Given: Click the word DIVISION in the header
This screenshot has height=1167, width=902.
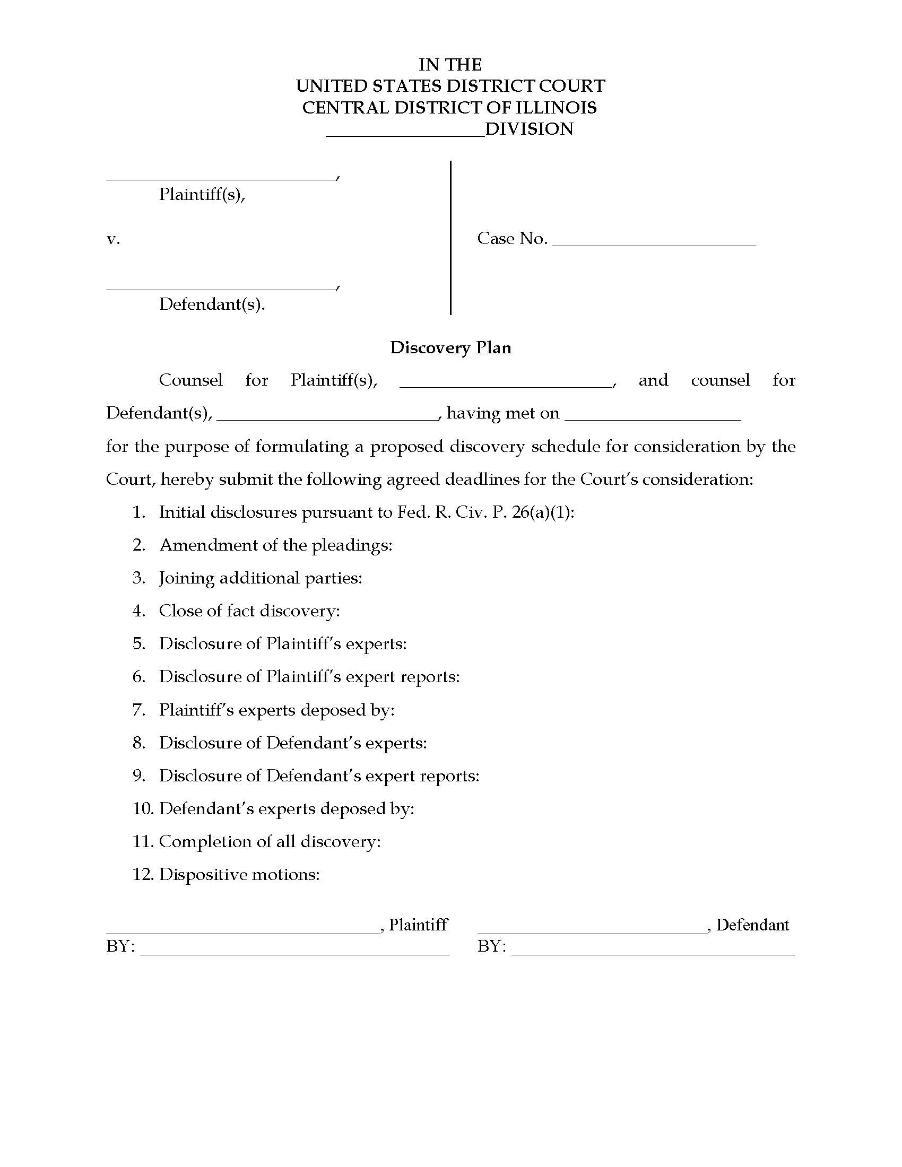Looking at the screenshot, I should tap(529, 129).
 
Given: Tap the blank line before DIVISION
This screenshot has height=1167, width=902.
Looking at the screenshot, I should tap(405, 135).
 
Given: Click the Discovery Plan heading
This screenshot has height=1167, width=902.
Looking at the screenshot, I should tap(450, 348).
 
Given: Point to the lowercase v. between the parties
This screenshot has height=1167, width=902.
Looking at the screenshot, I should tap(112, 239).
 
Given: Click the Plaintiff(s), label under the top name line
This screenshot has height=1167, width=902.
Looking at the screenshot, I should tap(202, 195).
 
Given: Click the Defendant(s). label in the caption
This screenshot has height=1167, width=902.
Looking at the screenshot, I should tap(212, 304).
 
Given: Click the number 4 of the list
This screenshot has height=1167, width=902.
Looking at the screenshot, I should tap(138, 611).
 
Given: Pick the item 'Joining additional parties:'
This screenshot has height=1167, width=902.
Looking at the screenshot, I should tap(260, 578).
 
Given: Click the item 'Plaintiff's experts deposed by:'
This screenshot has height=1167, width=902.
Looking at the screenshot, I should tap(276, 710).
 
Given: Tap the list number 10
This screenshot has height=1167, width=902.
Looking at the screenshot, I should tap(143, 809).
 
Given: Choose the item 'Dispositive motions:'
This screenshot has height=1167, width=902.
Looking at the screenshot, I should tap(239, 875).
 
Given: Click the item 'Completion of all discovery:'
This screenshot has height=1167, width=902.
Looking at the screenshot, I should tap(270, 842).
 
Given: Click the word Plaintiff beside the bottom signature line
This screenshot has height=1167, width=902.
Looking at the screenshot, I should tap(418, 925).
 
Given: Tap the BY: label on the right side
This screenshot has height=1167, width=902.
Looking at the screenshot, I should tap(491, 946).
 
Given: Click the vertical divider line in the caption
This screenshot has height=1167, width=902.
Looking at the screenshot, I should tap(450, 238).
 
